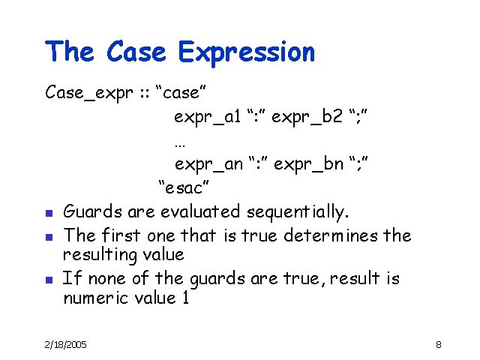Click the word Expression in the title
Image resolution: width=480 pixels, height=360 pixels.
click(x=247, y=53)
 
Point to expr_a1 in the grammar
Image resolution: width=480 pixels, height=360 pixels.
click(x=207, y=117)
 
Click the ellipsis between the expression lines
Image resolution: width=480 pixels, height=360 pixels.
click(x=178, y=142)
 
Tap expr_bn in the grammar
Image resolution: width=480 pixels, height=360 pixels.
click(x=308, y=164)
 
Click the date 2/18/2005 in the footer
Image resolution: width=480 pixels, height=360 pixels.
click(x=65, y=344)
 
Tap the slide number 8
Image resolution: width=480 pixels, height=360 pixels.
click(x=438, y=344)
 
